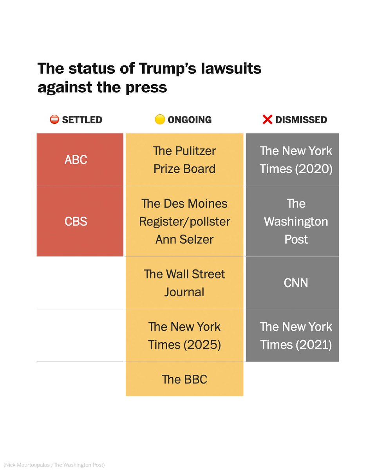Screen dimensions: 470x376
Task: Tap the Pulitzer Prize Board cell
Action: (184, 160)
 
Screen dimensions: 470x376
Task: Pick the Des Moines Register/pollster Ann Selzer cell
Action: (184, 221)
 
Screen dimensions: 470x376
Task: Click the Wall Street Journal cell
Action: (184, 283)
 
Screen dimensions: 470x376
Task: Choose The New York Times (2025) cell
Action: (184, 336)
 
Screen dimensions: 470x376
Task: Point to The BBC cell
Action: (184, 379)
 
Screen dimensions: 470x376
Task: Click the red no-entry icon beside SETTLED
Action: (54, 119)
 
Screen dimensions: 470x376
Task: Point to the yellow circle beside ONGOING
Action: (159, 119)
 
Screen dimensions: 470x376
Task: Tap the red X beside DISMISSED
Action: (267, 119)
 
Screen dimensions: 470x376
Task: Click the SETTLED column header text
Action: (82, 120)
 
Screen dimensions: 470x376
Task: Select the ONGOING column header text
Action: (189, 120)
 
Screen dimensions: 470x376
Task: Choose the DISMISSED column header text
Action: (301, 120)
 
